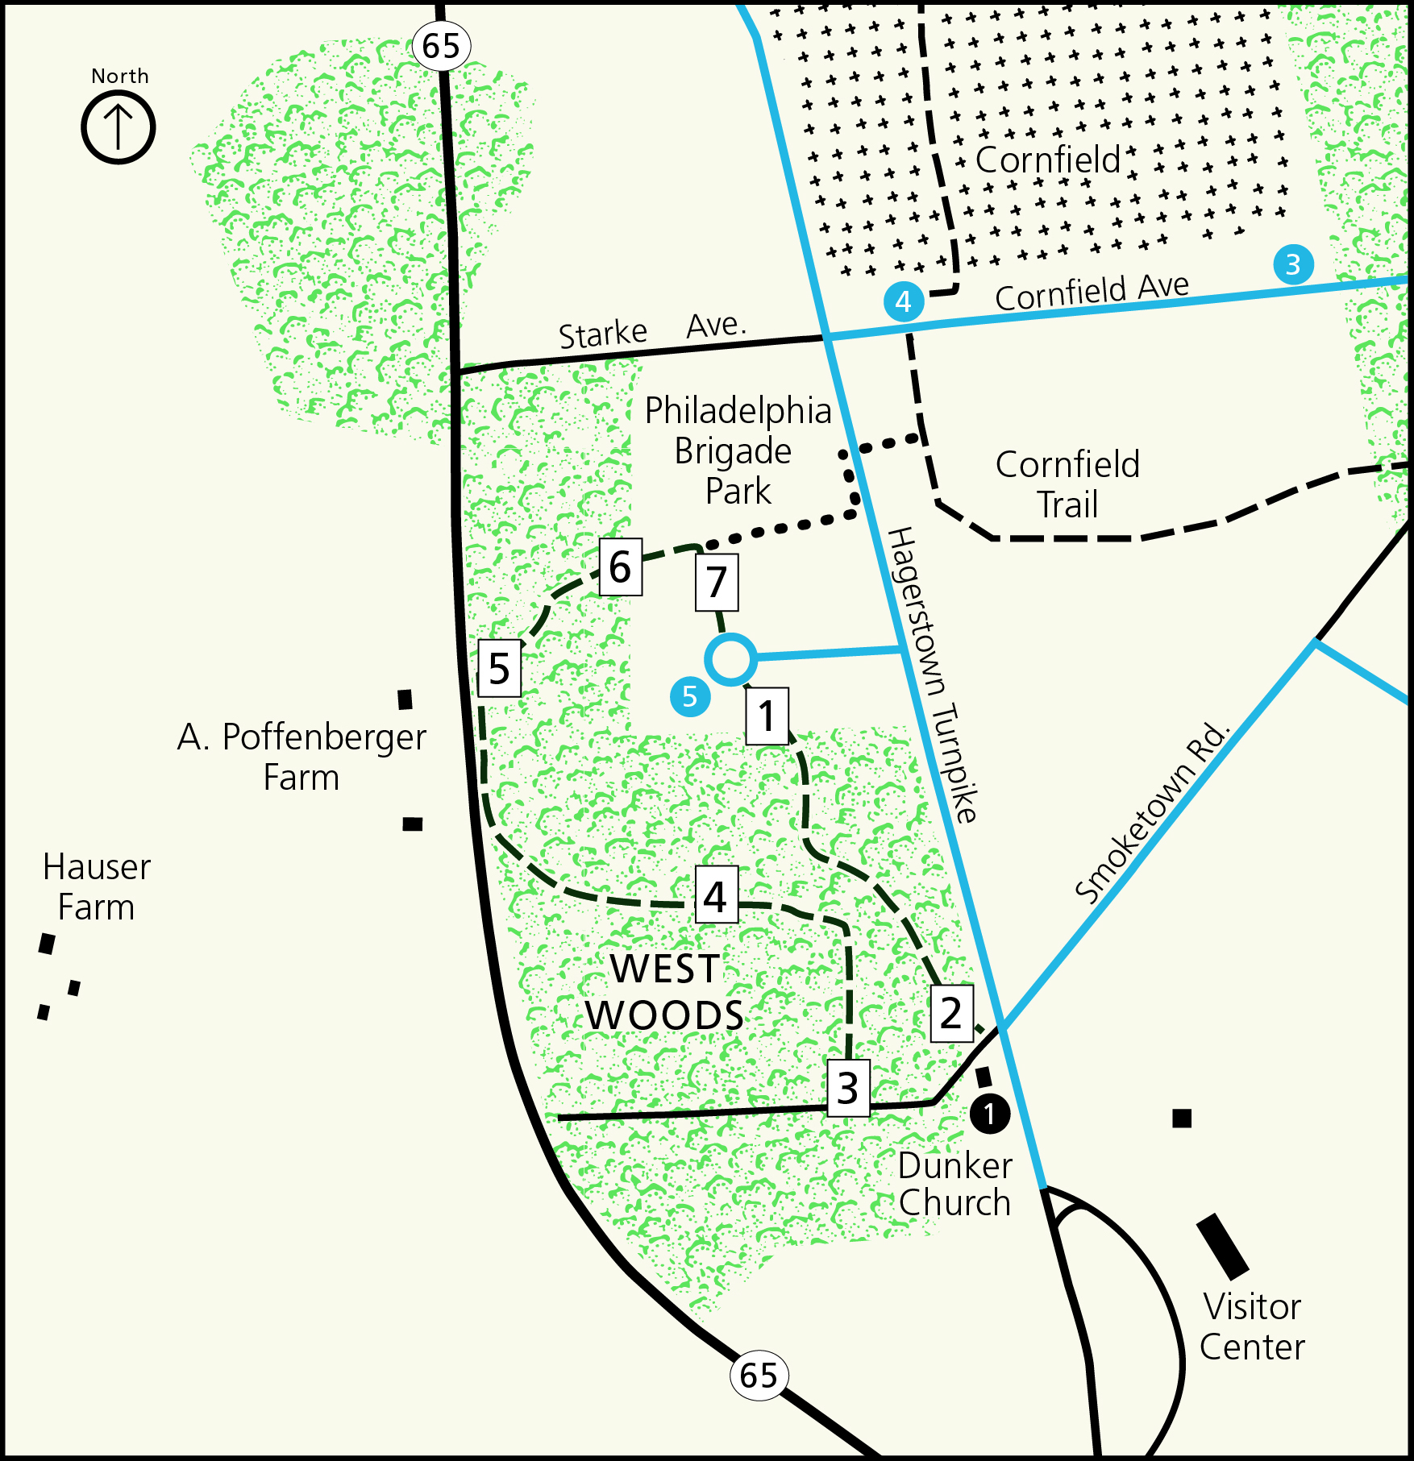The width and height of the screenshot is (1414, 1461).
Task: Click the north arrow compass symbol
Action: pos(119,127)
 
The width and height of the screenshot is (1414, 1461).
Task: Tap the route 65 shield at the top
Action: pos(441,46)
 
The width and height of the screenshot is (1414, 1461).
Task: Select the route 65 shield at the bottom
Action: pos(758,1375)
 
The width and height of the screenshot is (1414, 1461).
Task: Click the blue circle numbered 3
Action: pos(1293,264)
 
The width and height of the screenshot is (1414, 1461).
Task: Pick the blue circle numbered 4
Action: pos(903,301)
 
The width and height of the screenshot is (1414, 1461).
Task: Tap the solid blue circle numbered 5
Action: pos(690,696)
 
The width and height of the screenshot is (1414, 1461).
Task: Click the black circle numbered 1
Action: pos(989,1114)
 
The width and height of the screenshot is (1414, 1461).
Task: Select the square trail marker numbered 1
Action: pos(767,716)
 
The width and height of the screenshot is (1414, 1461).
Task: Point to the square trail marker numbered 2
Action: pos(951,1013)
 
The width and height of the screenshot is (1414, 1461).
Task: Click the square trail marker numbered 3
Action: pos(848,1088)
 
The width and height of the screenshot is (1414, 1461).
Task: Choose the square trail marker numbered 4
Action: pos(716,895)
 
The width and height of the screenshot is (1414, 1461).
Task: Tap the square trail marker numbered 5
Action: pos(499,668)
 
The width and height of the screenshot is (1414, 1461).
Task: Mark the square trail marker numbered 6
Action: pos(620,567)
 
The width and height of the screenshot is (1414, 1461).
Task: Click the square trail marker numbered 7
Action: pos(717,582)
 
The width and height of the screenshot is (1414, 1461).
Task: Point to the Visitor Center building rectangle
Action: pos(1223,1247)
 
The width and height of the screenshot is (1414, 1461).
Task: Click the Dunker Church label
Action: pos(955,1184)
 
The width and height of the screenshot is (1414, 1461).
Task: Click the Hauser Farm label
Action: pos(97,887)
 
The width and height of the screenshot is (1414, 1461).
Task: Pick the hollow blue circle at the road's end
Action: pos(730,659)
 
